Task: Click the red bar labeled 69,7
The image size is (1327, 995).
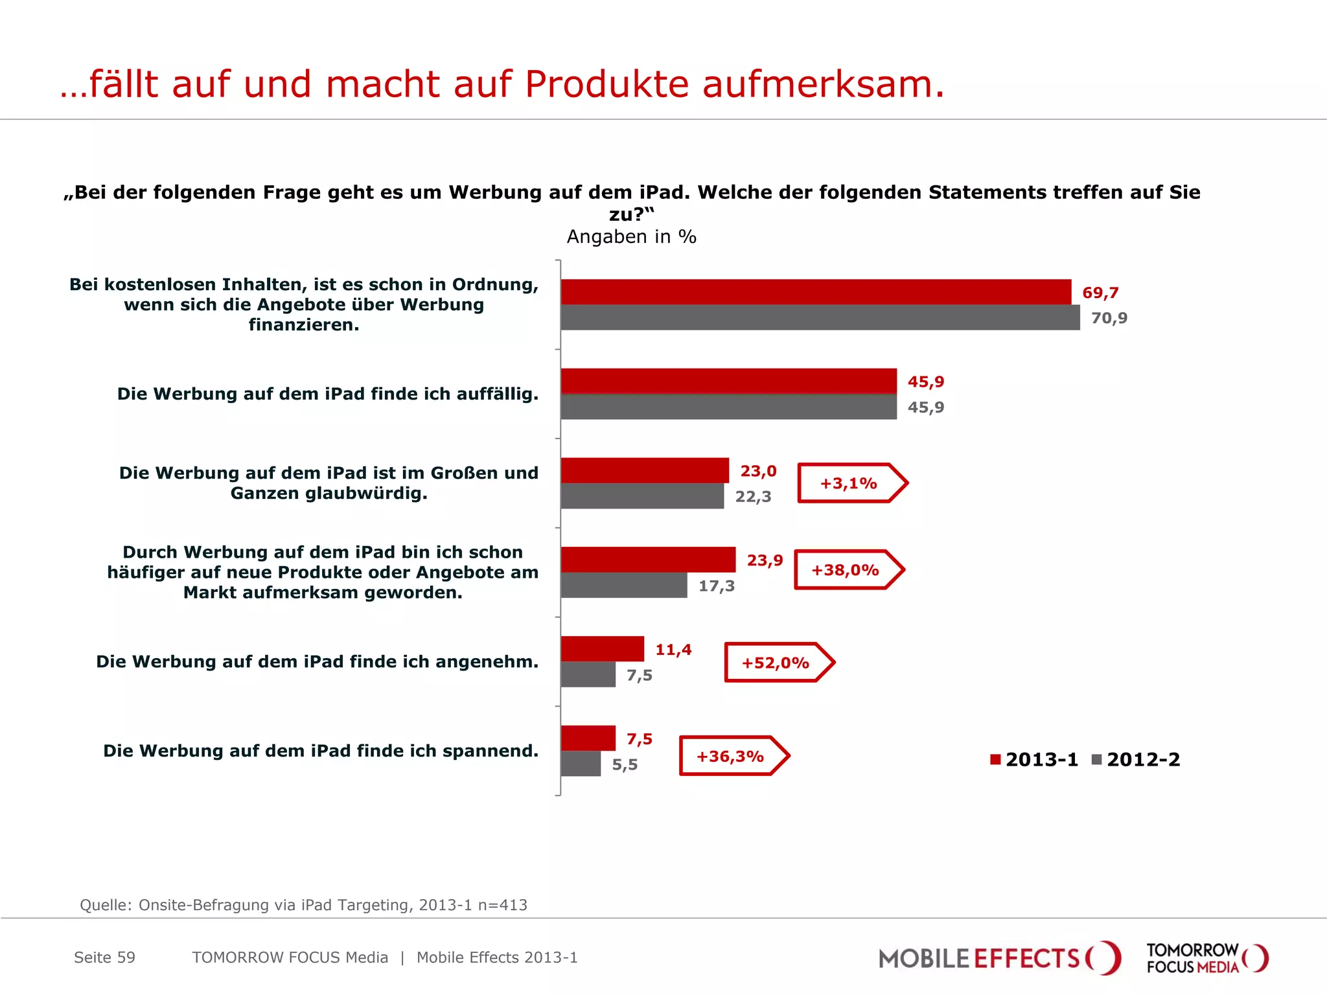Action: (815, 292)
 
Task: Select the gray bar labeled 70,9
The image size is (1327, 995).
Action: (820, 317)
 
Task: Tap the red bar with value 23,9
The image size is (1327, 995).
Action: (648, 560)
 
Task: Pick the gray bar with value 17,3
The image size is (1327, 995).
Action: (623, 585)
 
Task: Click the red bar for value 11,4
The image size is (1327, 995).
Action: (602, 648)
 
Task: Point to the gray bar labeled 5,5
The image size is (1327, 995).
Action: (581, 764)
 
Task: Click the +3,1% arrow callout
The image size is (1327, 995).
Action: (851, 483)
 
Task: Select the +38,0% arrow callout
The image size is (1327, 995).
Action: (848, 570)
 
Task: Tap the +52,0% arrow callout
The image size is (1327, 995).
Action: (778, 663)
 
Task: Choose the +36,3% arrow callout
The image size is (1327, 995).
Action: (733, 756)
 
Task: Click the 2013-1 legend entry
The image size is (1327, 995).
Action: (1034, 759)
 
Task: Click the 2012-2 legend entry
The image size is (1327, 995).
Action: (1136, 759)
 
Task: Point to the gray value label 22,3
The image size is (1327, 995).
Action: (753, 497)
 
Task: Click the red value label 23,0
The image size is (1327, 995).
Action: (758, 471)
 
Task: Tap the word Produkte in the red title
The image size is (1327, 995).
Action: (606, 84)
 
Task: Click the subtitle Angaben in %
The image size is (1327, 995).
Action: (631, 237)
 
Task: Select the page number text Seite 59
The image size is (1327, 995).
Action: (104, 957)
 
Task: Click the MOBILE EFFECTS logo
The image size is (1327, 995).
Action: (998, 958)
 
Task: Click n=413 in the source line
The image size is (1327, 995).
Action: (502, 905)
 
